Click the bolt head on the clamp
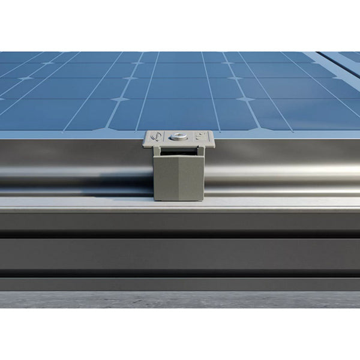(x=178, y=137)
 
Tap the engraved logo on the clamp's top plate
(x=157, y=139)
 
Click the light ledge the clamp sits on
(x=180, y=205)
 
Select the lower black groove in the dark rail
(x=180, y=274)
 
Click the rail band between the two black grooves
(x=180, y=255)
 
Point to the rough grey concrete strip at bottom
(x=180, y=299)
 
